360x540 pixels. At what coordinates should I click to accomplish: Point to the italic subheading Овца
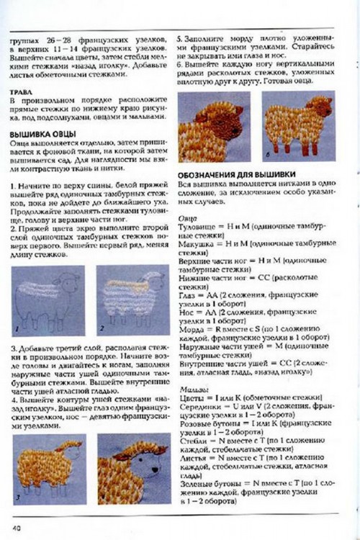tap(186, 217)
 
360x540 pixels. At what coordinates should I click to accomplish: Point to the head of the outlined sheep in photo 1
tap(70, 281)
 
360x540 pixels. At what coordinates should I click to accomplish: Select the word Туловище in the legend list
tap(196, 226)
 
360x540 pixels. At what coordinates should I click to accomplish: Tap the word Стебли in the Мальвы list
tap(192, 441)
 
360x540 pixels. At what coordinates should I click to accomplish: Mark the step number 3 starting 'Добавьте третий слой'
tap(14, 347)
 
